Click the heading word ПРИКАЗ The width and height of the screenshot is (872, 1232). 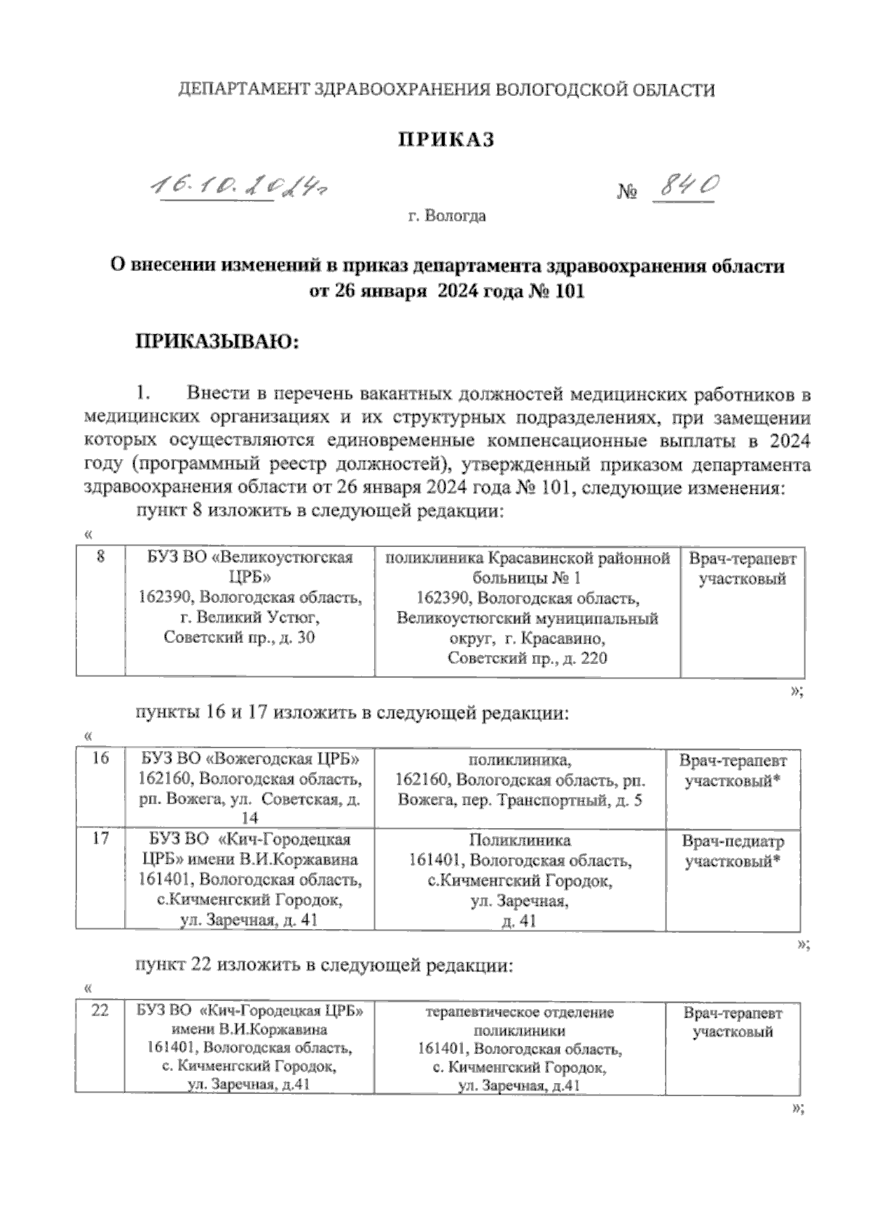[x=445, y=140]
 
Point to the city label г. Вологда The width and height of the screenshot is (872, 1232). [x=446, y=216]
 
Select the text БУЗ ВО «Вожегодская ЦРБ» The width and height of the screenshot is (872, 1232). [x=249, y=760]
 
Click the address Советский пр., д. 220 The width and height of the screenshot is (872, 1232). [x=528, y=659]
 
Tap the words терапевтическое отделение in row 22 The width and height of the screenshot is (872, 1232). [x=520, y=1012]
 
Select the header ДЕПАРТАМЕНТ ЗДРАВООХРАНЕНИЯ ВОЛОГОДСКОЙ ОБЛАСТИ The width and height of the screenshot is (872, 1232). [x=446, y=90]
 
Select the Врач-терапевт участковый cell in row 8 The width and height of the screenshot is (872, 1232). [x=742, y=570]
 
